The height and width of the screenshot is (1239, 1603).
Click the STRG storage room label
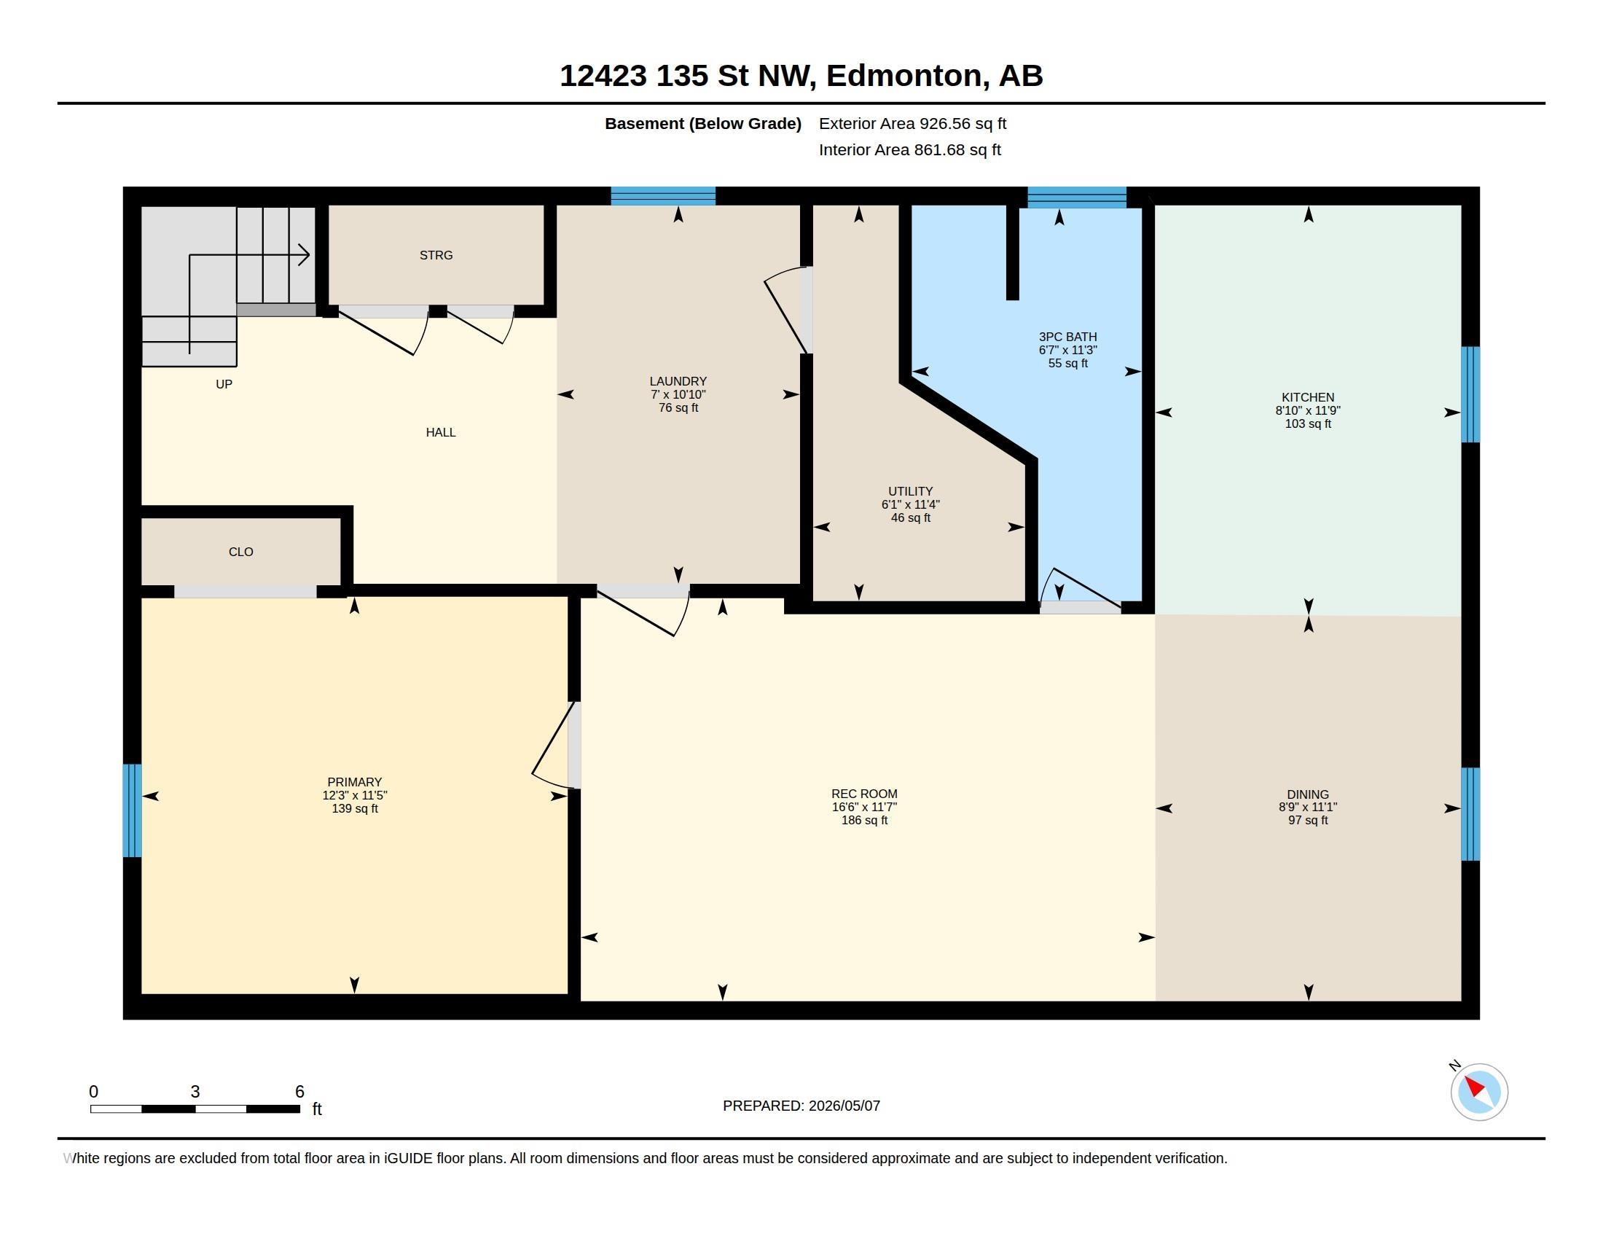(436, 255)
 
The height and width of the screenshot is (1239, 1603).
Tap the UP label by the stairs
(224, 384)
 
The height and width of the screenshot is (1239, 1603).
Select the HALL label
(441, 432)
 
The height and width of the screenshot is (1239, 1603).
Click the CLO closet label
(240, 552)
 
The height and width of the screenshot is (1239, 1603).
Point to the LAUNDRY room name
(678, 381)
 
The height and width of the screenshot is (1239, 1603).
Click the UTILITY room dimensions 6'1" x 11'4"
(911, 504)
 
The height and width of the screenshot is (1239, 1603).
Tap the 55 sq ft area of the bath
(1068, 364)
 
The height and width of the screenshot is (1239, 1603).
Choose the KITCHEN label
(1308, 397)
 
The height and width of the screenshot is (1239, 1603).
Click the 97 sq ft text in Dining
(1308, 820)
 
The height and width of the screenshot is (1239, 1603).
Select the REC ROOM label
(865, 794)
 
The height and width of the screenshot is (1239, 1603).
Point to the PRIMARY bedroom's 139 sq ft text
(355, 808)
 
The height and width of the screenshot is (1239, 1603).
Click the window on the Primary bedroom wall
(132, 810)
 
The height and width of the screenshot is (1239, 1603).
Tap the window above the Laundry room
(664, 196)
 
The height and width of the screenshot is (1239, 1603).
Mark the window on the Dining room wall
(1470, 814)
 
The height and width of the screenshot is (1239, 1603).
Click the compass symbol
(1479, 1092)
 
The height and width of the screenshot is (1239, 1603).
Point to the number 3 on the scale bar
(195, 1092)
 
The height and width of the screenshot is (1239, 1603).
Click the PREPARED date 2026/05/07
(844, 1106)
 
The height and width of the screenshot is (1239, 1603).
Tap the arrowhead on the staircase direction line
(303, 255)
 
